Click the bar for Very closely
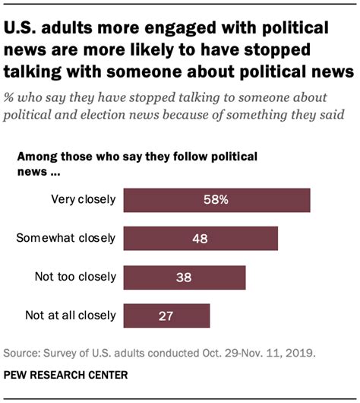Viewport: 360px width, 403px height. [216, 200]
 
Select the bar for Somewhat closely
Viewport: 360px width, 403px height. [200, 238]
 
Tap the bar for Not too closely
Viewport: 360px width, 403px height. [184, 277]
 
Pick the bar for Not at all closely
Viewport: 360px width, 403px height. [166, 315]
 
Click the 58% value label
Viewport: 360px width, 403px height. [216, 200]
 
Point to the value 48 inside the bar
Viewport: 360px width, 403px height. [200, 238]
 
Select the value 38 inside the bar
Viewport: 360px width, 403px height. [184, 277]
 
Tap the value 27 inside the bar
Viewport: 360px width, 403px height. [166, 315]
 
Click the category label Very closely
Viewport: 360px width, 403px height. [84, 200]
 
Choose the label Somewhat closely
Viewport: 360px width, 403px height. [66, 238]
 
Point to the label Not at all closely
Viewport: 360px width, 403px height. [70, 315]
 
